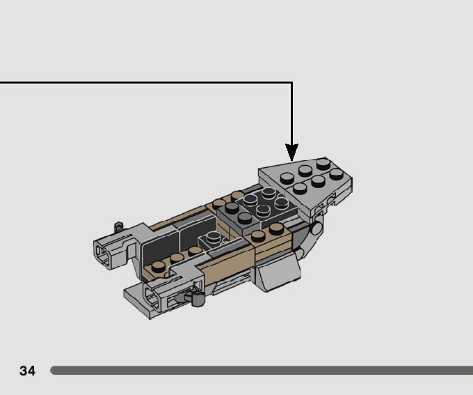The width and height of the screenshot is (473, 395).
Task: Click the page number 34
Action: (x=27, y=371)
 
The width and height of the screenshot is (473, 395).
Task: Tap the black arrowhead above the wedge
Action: (x=291, y=151)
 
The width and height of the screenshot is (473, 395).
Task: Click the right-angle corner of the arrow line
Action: (x=291, y=83)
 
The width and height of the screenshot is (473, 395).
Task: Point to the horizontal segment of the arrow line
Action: (x=139, y=83)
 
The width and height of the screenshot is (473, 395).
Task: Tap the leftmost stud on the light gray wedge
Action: (x=287, y=178)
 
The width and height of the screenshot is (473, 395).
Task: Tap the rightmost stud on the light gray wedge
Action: (x=337, y=174)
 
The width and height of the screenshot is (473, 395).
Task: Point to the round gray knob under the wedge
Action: (x=316, y=227)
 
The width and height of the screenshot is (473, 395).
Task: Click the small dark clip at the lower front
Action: (x=197, y=300)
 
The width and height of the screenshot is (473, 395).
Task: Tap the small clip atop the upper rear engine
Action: (x=119, y=226)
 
